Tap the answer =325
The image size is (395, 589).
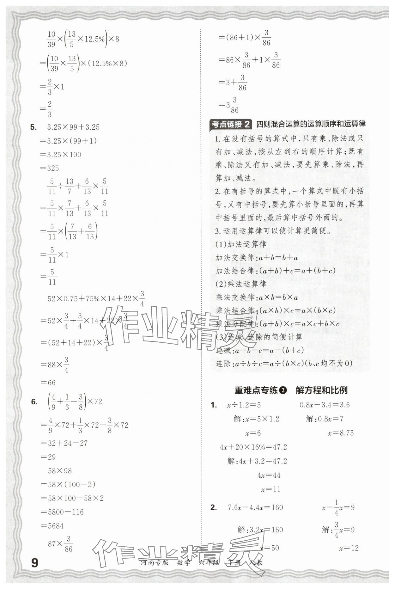[x=50, y=168]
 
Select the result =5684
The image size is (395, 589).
[x=52, y=526]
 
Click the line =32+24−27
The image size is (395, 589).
[x=64, y=443]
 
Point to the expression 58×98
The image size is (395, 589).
[x=60, y=471]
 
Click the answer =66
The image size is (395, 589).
[x=48, y=383]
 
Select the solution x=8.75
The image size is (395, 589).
[x=341, y=433]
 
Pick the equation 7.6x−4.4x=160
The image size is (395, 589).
[x=255, y=507]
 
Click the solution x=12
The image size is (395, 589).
[x=349, y=548]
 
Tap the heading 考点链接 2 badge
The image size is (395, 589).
[x=231, y=124]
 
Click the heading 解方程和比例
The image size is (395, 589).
[x=321, y=390]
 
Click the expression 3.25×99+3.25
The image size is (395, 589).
[x=73, y=127]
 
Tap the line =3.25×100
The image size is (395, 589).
[x=61, y=155]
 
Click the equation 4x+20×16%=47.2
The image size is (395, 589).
[x=253, y=447]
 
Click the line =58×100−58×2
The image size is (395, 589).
[x=72, y=498]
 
